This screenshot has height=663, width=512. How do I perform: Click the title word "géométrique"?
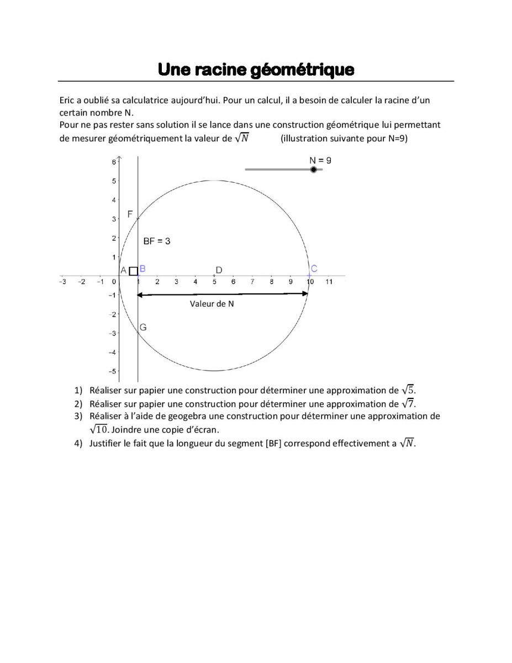302,70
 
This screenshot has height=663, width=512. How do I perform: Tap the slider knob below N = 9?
314,169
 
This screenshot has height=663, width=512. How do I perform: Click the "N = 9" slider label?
320,160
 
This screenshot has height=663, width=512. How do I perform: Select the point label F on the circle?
130,214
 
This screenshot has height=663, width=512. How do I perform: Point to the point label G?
142,327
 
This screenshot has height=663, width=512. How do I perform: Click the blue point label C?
314,269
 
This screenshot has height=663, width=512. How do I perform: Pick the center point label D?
219,270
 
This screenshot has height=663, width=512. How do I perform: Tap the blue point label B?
142,269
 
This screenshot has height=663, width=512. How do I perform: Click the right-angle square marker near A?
133,271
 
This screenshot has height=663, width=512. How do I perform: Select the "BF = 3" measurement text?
157,241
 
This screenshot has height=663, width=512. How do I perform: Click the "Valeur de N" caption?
212,303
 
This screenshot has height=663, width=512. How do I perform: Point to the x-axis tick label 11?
329,282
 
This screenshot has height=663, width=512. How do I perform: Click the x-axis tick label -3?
62,282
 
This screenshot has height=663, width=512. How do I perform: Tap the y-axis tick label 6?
113,162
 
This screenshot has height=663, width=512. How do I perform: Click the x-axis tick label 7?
252,282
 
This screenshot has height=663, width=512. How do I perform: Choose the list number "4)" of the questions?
78,443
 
